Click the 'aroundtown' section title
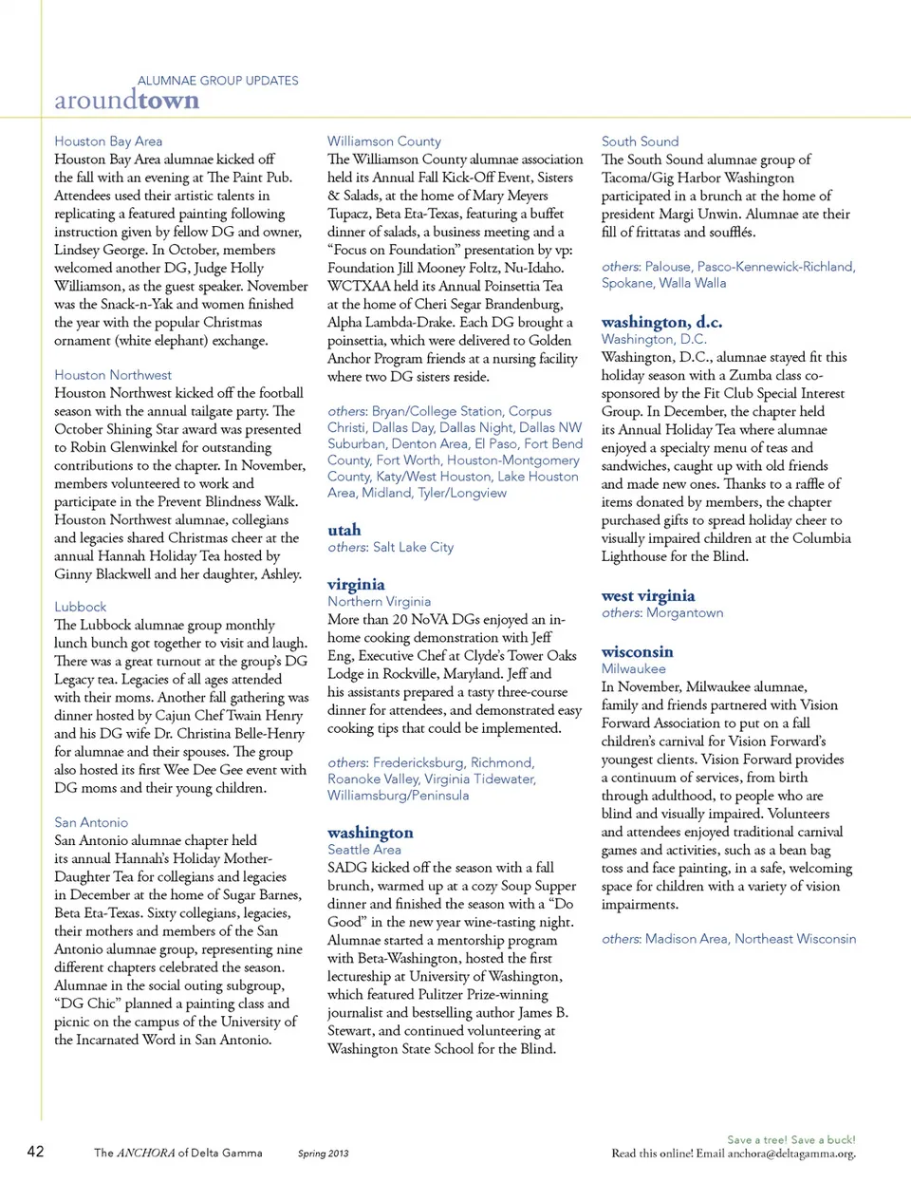click(126, 101)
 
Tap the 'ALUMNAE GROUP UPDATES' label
click(217, 81)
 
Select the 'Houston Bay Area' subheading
click(108, 141)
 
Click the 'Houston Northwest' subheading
click(113, 375)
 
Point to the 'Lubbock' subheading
click(81, 607)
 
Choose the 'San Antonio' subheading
click(91, 822)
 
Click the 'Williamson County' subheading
click(384, 141)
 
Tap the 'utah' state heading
click(344, 530)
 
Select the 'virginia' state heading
click(356, 584)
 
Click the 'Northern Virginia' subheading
click(379, 601)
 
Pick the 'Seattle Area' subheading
click(364, 850)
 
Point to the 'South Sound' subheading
click(640, 141)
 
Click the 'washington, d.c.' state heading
click(661, 322)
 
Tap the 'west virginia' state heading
click(648, 595)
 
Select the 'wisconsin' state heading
click(637, 651)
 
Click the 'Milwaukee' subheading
click(633, 668)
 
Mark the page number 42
click(35, 1152)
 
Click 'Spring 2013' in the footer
click(323, 1154)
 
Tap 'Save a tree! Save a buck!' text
click(790, 1139)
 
